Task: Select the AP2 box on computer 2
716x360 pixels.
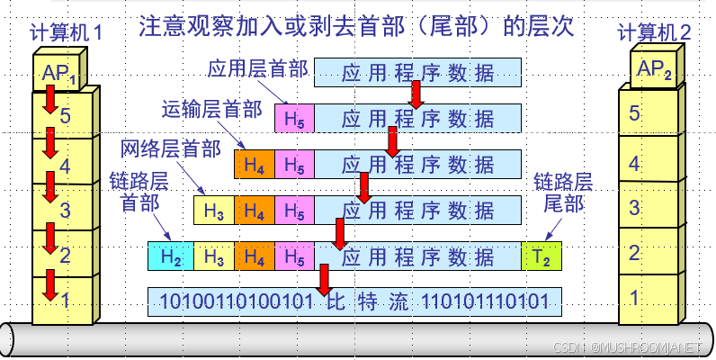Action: click(x=655, y=69)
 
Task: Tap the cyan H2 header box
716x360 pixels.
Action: click(x=171, y=256)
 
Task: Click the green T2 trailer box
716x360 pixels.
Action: click(x=541, y=256)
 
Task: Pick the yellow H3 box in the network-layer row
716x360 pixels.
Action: click(x=213, y=211)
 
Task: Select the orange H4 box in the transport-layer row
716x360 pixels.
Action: click(x=255, y=165)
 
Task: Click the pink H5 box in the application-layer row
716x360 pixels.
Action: click(x=294, y=118)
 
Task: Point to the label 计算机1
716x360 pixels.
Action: click(x=66, y=33)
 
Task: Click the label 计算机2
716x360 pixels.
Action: click(x=654, y=33)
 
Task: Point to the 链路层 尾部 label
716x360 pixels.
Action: click(x=564, y=192)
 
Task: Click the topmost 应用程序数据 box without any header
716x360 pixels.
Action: click(x=417, y=72)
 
